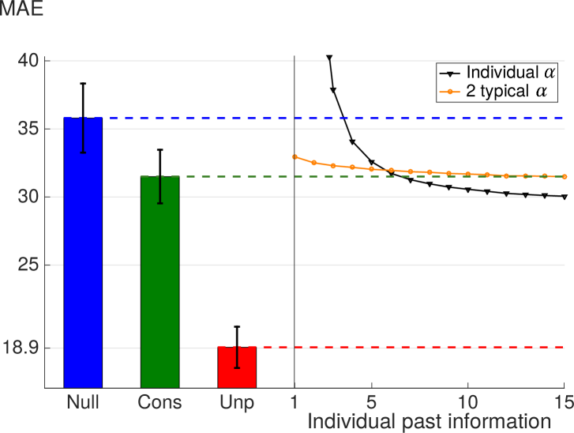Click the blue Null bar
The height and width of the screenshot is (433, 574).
[x=83, y=253]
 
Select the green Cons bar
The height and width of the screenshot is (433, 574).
[x=159, y=282]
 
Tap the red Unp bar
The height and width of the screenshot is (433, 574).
[x=237, y=367]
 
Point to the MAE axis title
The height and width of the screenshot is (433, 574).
[x=21, y=10]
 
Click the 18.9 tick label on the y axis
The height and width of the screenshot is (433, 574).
[x=25, y=348]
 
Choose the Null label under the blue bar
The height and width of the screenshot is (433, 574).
[x=83, y=401]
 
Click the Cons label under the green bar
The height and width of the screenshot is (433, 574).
[x=159, y=401]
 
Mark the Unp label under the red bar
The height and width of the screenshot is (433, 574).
[x=237, y=401]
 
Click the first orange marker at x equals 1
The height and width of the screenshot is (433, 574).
[x=295, y=156]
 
